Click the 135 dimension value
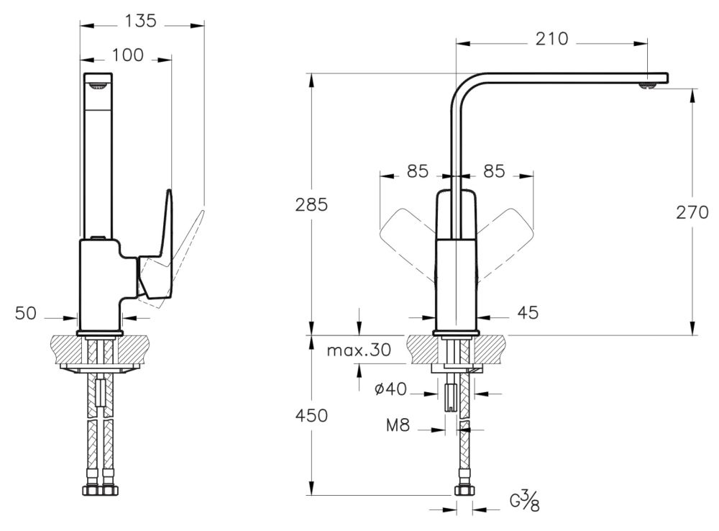[141, 21]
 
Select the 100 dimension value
[128, 55]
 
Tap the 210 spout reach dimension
[551, 39]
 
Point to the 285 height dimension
[311, 204]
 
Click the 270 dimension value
[692, 212]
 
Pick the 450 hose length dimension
[311, 416]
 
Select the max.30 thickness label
[359, 350]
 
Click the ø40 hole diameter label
[390, 389]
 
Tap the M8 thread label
[398, 425]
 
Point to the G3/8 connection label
[525, 500]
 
